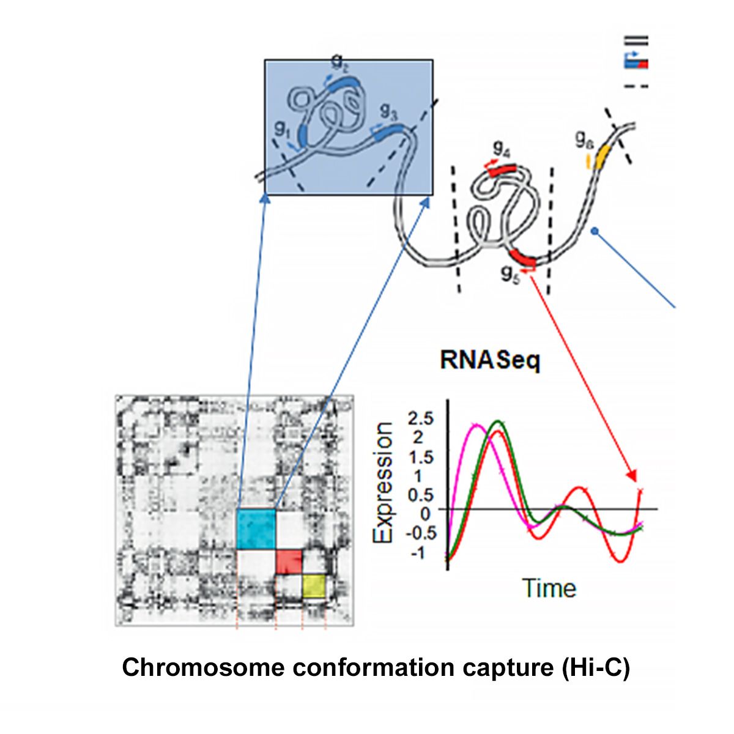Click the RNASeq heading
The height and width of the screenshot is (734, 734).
pyautogui.click(x=490, y=361)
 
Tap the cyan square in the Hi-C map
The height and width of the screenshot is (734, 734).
pyautogui.click(x=256, y=528)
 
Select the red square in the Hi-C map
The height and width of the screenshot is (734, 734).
pyautogui.click(x=289, y=561)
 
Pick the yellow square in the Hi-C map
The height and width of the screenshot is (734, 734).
pyautogui.click(x=314, y=585)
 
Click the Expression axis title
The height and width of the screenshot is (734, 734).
pyautogui.click(x=384, y=483)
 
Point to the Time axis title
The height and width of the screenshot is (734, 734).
pyautogui.click(x=549, y=588)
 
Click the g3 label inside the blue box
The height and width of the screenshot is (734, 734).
pyautogui.click(x=388, y=111)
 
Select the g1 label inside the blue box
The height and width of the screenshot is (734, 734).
pyautogui.click(x=282, y=128)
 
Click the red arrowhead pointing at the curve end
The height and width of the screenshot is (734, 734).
pyautogui.click(x=633, y=475)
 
